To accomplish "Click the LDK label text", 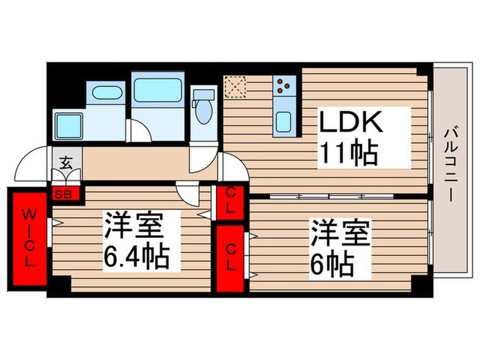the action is pos(351,121).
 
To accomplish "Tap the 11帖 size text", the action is pos(348,152).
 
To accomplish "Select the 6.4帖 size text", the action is pos(136,256).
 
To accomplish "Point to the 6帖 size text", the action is pos(333,265).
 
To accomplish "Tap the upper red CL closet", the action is pos(230,202).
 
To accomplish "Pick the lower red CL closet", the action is pos(230,259).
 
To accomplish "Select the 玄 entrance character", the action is pos(66,163).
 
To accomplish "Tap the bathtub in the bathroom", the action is pos(158,90).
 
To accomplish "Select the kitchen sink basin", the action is pos(283,122).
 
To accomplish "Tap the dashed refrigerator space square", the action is pos(235,86).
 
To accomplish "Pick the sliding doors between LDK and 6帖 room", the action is pos(332,196).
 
